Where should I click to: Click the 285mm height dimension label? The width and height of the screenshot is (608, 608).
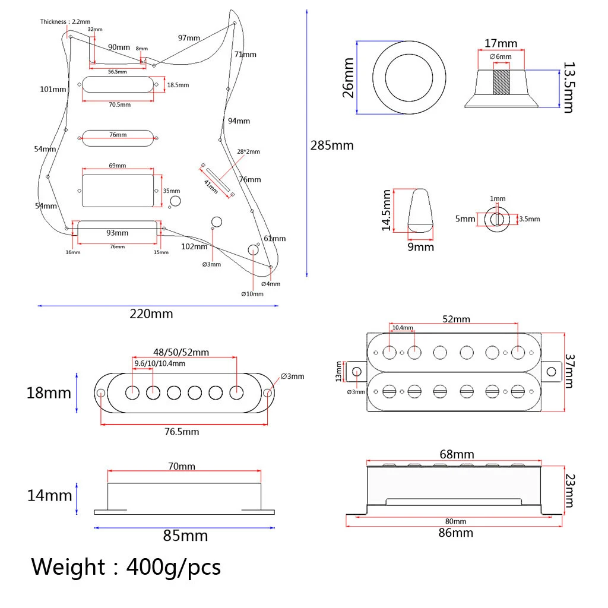tap(332, 145)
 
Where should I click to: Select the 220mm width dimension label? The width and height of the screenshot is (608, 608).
tap(151, 314)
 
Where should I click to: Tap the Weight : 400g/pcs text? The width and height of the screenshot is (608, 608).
tap(126, 567)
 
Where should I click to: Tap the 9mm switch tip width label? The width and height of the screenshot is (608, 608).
tap(420, 246)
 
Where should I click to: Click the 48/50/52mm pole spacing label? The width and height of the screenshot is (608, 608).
tap(181, 352)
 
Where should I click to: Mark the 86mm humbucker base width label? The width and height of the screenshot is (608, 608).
tap(455, 533)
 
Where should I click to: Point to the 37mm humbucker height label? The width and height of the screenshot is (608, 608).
tap(569, 371)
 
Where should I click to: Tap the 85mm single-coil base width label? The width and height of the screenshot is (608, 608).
tap(186, 536)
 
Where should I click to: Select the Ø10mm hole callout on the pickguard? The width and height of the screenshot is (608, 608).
tap(252, 294)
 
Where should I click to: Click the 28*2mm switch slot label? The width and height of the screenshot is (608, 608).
tap(248, 152)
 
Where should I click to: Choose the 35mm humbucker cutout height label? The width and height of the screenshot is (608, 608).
tap(171, 191)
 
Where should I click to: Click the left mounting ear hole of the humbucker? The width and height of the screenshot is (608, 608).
tap(357, 372)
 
